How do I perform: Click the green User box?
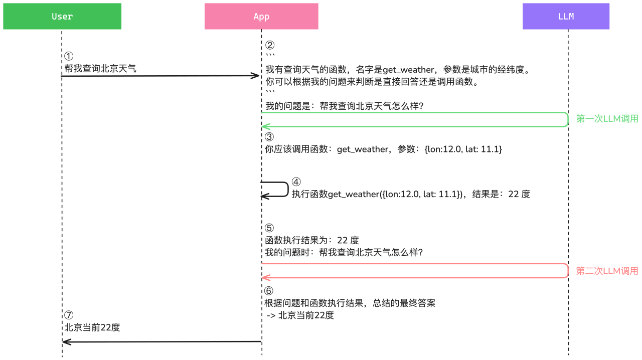tap(62, 17)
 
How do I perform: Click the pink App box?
tap(261, 17)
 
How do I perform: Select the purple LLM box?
tap(566, 17)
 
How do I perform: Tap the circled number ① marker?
tap(69, 56)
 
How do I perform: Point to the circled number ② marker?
tap(270, 45)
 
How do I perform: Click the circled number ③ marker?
tap(269, 137)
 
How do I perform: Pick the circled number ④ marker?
tap(296, 182)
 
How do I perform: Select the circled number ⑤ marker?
tap(269, 228)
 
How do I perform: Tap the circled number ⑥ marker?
tap(268, 291)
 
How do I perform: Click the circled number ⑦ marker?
tap(69, 315)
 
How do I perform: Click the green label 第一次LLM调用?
tap(607, 119)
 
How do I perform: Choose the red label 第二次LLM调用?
tap(607, 271)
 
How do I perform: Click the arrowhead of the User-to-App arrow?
tap(256, 76)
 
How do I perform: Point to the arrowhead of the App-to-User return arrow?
tap(67, 341)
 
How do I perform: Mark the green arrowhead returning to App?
tap(266, 126)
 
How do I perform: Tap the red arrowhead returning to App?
tap(266, 277)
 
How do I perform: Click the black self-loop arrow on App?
tap(288, 189)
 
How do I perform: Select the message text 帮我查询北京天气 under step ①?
tap(100, 69)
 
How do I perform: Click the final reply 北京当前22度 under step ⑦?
tap(92, 327)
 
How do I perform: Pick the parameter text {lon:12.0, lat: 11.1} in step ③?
tap(463, 149)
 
